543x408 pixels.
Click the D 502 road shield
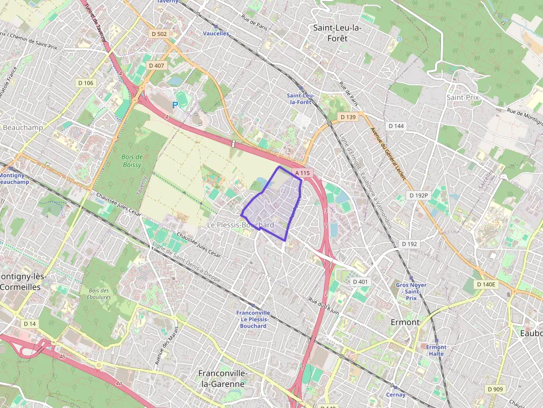click(159, 34)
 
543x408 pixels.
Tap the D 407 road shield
click(157, 65)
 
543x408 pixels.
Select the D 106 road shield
click(85, 82)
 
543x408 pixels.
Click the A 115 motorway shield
click(303, 173)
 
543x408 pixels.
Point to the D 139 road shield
click(348, 117)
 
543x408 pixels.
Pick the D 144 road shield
click(396, 126)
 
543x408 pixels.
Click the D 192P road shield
click(419, 195)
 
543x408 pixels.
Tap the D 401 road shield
click(360, 282)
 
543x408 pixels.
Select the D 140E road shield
click(487, 285)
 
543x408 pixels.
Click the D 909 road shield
click(495, 389)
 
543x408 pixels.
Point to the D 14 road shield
click(29, 323)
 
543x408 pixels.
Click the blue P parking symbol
click(175, 105)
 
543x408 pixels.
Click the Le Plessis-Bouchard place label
click(240, 225)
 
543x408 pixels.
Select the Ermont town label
click(405, 322)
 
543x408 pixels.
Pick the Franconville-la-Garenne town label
click(222, 379)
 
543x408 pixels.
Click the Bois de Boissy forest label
click(132, 161)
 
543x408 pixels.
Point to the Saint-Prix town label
click(462, 97)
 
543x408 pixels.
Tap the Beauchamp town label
click(23, 127)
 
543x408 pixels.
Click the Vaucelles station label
click(216, 33)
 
